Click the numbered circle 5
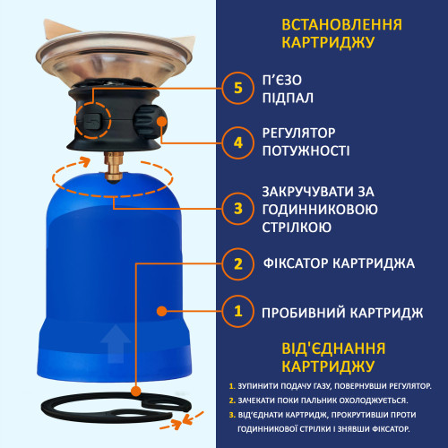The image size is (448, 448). tap(237, 88)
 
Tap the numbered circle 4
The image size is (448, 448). tap(237, 142)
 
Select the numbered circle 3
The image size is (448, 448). tap(237, 209)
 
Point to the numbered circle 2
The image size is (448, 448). tap(237, 264)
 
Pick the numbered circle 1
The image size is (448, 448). tap(237, 311)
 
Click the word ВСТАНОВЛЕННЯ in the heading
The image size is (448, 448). tap(341, 25)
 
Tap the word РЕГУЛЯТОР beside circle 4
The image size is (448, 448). tap(298, 134)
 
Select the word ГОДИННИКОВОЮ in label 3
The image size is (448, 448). tap(320, 210)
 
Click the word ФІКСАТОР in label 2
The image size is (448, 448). tap(296, 263)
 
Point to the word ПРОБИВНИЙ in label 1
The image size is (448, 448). tap(304, 313)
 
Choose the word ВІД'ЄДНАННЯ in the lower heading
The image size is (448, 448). tap(333, 349)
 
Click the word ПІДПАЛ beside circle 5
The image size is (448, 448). tap(288, 99)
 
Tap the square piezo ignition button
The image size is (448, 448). tap(92, 120)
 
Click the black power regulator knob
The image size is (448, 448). tap(149, 122)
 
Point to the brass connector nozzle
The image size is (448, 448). tap(114, 168)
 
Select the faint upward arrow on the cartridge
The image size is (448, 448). tap(116, 344)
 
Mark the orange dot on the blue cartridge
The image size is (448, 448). tap(161, 311)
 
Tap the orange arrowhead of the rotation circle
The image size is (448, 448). tap(84, 161)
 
